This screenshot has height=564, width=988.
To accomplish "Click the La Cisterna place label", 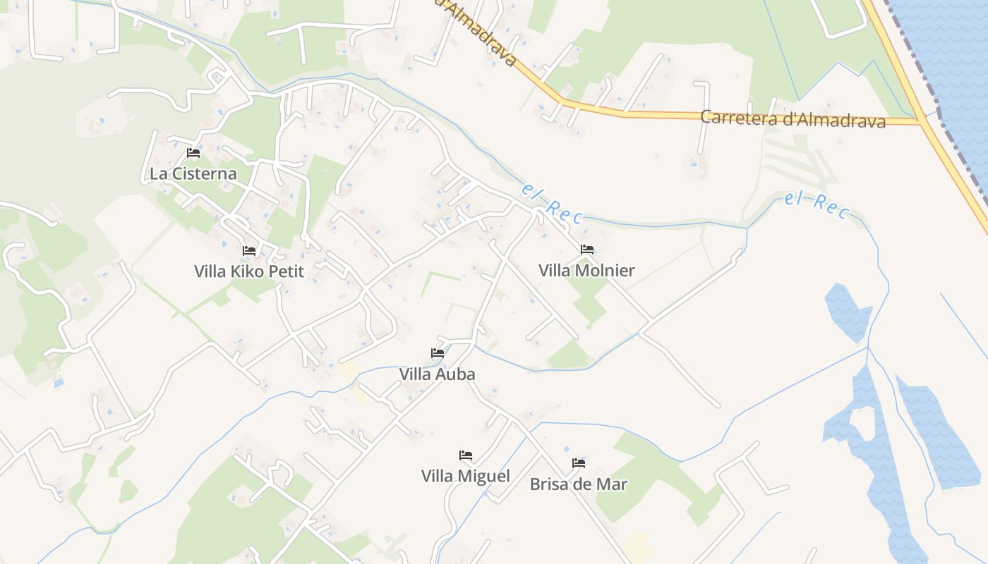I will pos(193,173).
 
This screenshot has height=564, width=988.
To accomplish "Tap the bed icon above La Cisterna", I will pos(193,153).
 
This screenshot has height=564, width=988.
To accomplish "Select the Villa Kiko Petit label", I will pos(249,271).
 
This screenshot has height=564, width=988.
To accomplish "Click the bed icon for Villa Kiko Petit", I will pos(249,250).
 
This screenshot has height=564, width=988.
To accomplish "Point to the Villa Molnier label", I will pos(586,270).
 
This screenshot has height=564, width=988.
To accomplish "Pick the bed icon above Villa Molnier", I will pos(587,250).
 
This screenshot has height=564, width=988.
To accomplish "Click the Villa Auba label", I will pos(438,374).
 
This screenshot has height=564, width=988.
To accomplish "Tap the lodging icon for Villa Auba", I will pos(438,353).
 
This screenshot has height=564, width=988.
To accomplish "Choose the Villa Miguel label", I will pos(466,476).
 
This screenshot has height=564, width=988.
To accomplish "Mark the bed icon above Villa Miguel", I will pos(466,455).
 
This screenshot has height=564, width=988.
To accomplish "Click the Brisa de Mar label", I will pos(579,484).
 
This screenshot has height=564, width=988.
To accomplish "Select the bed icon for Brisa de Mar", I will pos(579,463).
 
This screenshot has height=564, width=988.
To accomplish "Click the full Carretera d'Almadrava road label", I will pos(793,119).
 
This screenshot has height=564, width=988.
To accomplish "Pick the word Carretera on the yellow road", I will pos(740,117).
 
